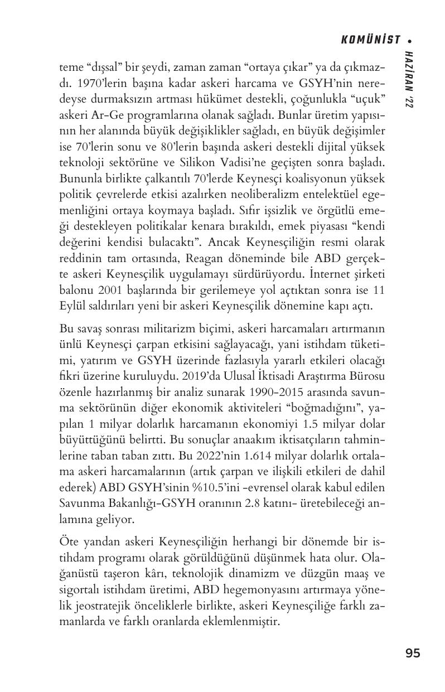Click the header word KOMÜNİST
pyautogui.click(x=370, y=40)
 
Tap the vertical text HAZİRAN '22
pyautogui.click(x=410, y=78)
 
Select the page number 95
pyautogui.click(x=413, y=653)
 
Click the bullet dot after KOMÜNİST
pyautogui.click(x=410, y=40)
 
